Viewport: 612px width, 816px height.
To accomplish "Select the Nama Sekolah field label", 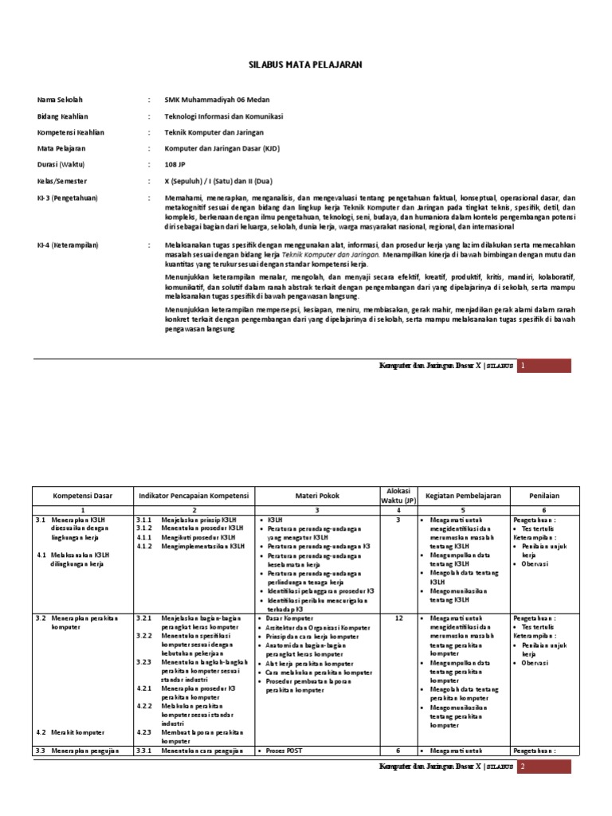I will click(x=60, y=100).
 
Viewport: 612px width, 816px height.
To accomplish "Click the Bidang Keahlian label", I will click(x=63, y=116).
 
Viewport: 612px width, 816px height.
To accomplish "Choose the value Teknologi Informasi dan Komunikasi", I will click(x=224, y=116).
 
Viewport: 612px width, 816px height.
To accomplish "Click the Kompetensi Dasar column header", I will click(x=83, y=496).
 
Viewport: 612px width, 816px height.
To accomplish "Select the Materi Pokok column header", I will click(x=317, y=496).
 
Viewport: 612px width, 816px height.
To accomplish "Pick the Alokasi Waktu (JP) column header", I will click(x=398, y=496).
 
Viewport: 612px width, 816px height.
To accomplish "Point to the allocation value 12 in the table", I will click(x=398, y=618).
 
